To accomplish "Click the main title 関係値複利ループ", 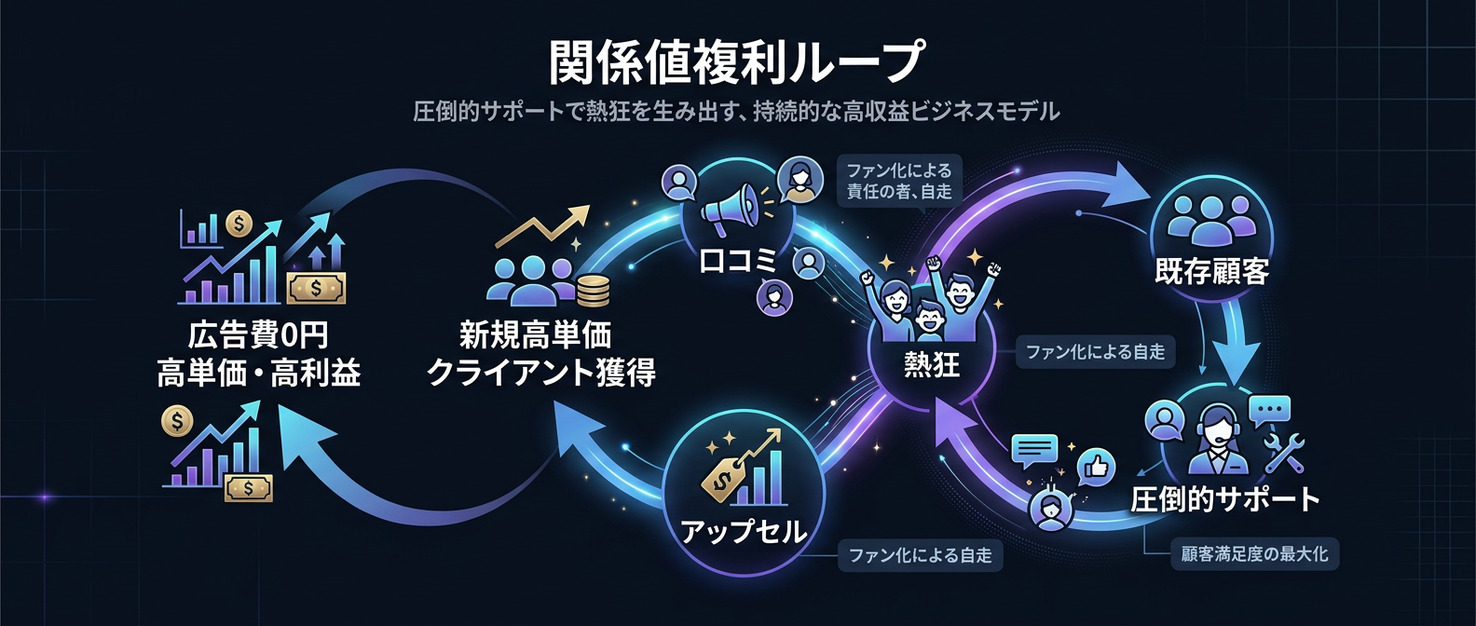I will point(736,61).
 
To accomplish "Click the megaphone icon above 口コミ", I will point(733,211).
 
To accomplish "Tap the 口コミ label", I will point(737,261).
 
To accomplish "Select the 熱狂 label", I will point(931,363).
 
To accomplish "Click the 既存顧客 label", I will point(1211,271).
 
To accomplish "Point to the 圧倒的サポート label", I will point(1224,499).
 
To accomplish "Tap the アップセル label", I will point(743,531).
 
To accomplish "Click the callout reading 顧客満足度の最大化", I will point(1254,554).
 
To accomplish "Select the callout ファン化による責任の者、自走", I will point(898,181).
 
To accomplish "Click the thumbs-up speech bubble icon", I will point(1097,466).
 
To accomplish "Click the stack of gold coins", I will point(593,291).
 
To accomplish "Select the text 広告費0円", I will point(258,334).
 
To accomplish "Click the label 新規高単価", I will point(535,334).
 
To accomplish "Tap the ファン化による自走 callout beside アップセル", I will point(920,555).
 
